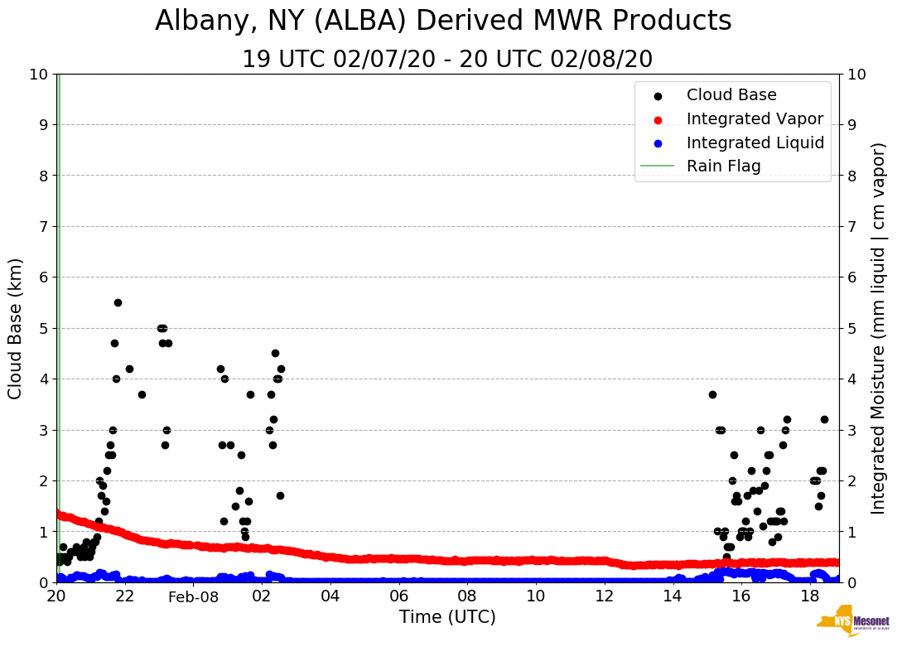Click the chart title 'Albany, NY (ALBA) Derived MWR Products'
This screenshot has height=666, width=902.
coord(443,21)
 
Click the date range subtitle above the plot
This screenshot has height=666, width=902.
coord(447,60)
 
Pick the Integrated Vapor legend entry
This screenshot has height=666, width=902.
coord(755,119)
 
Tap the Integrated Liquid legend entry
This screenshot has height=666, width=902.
coord(755,142)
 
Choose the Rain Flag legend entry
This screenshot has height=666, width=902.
coord(723,166)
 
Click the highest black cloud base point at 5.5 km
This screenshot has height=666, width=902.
coord(118,302)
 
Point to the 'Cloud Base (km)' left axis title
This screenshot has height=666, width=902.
coord(16,328)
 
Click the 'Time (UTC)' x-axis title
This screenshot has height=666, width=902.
coord(447,617)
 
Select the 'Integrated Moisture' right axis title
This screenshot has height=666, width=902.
coord(879,328)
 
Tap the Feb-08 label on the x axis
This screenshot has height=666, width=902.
coord(193,597)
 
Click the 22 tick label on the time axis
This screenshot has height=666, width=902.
coord(125,596)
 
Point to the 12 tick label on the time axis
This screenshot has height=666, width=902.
coord(604,596)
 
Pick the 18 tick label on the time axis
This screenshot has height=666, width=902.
coord(809,596)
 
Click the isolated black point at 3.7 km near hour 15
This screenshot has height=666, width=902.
coord(712,394)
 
